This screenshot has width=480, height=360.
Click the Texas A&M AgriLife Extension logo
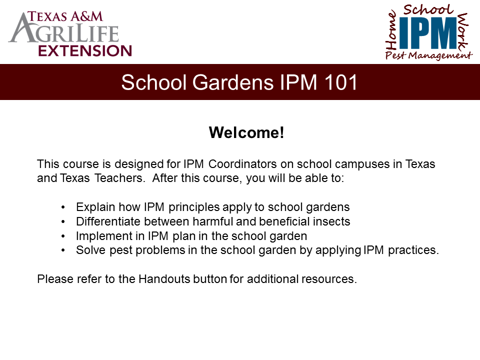pyautogui.click(x=70, y=32)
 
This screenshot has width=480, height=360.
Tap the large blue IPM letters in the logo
pyautogui.click(x=427, y=32)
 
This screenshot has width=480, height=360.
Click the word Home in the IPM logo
pyautogui.click(x=391, y=31)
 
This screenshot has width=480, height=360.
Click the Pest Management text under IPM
pyautogui.click(x=428, y=55)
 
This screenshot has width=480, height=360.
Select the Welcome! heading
pyautogui.click(x=246, y=133)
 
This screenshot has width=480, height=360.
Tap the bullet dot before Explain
pyautogui.click(x=63, y=207)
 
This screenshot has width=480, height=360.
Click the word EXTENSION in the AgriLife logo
pyautogui.click(x=85, y=50)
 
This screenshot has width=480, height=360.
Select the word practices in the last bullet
pyautogui.click(x=413, y=250)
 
